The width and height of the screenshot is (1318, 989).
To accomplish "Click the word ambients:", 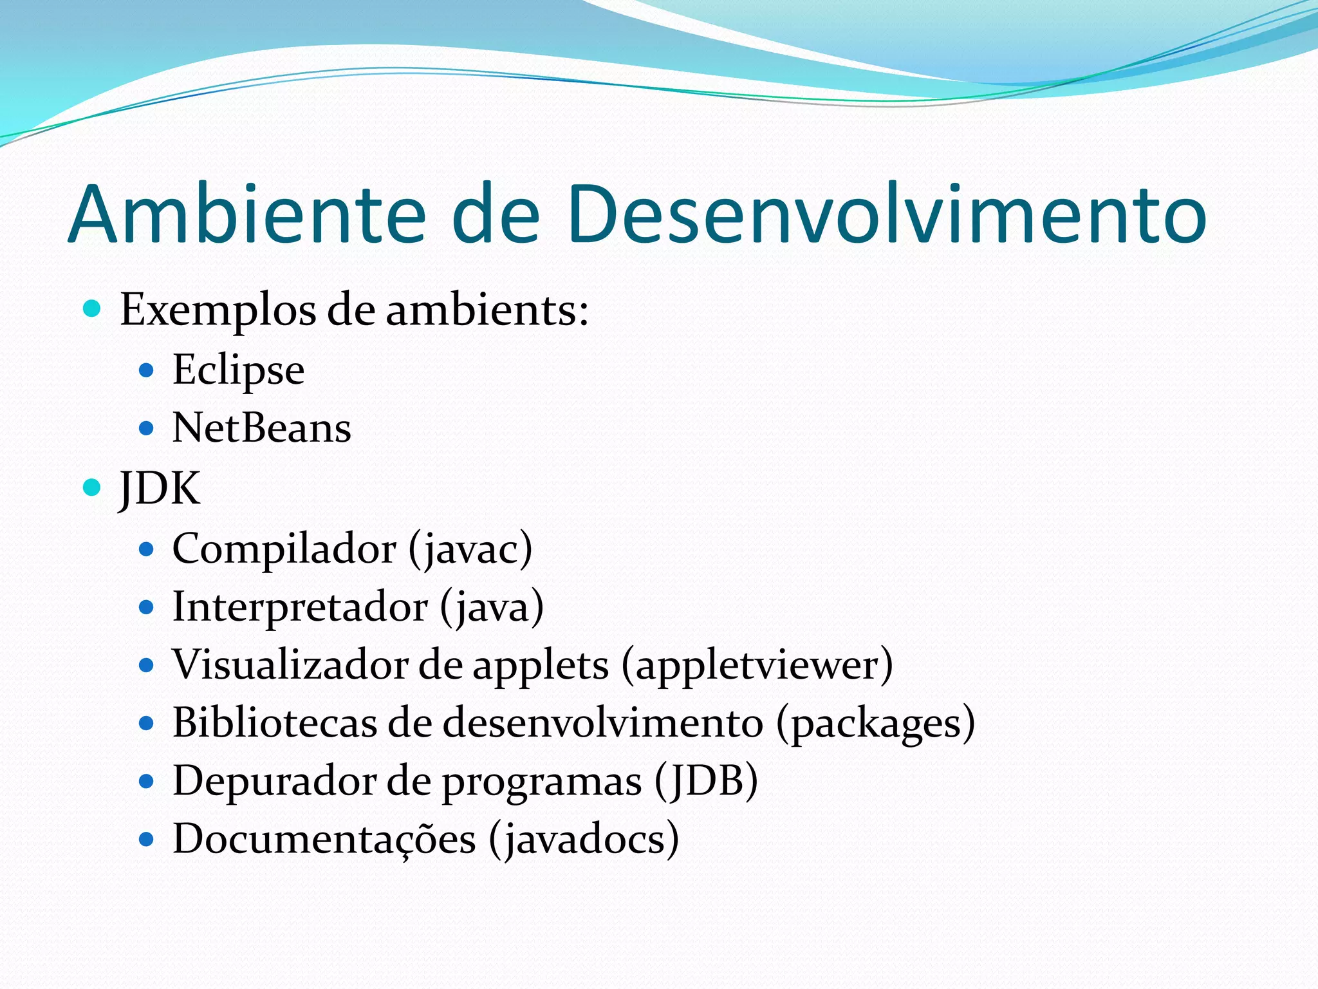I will [487, 310].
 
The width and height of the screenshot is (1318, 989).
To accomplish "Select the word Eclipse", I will [238, 371].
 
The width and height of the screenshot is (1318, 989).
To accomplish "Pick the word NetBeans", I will [261, 428].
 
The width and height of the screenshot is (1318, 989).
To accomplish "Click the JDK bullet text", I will [160, 488].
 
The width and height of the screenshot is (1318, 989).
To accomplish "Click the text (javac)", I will [470, 549].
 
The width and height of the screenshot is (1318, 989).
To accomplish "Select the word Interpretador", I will [300, 607].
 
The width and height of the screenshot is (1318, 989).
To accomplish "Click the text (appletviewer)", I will [757, 666].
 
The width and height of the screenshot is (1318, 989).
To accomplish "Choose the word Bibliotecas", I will [275, 722].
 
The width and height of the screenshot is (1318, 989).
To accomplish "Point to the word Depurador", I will [274, 781].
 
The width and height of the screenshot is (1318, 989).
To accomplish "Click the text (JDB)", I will [707, 781].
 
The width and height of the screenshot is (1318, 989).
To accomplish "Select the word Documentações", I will [324, 840].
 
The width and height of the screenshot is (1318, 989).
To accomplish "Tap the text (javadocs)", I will [584, 840].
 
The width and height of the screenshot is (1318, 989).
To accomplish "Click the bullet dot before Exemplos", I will [93, 309].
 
